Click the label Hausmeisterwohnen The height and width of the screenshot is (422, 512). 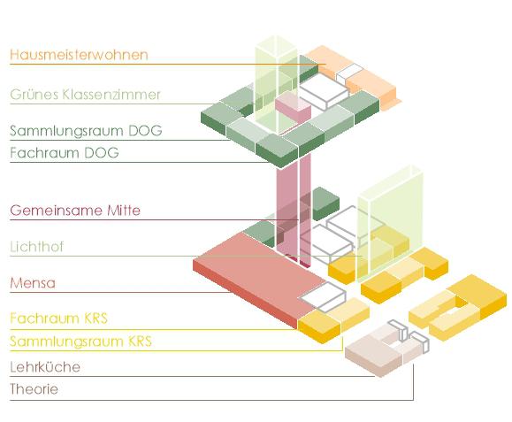[x=79, y=55]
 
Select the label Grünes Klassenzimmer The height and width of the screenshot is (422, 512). [x=85, y=95]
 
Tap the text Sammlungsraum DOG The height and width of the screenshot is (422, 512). [x=86, y=131]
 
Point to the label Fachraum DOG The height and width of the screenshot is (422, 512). [x=65, y=153]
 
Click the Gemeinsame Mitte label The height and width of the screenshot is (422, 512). [x=75, y=211]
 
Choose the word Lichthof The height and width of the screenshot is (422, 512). [x=36, y=247]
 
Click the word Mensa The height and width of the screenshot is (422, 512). [x=33, y=283]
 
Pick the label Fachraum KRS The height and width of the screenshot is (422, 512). [x=58, y=318]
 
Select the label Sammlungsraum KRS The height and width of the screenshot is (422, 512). [x=81, y=341]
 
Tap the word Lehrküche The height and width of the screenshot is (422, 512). [x=45, y=367]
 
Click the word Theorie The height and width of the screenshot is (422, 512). [x=34, y=389]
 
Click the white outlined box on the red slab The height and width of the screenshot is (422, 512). [x=323, y=296]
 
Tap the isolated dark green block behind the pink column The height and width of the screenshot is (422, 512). [x=325, y=203]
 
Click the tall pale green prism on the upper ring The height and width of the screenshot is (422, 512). [x=276, y=85]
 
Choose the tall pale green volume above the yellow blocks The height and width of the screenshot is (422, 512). [x=390, y=222]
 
